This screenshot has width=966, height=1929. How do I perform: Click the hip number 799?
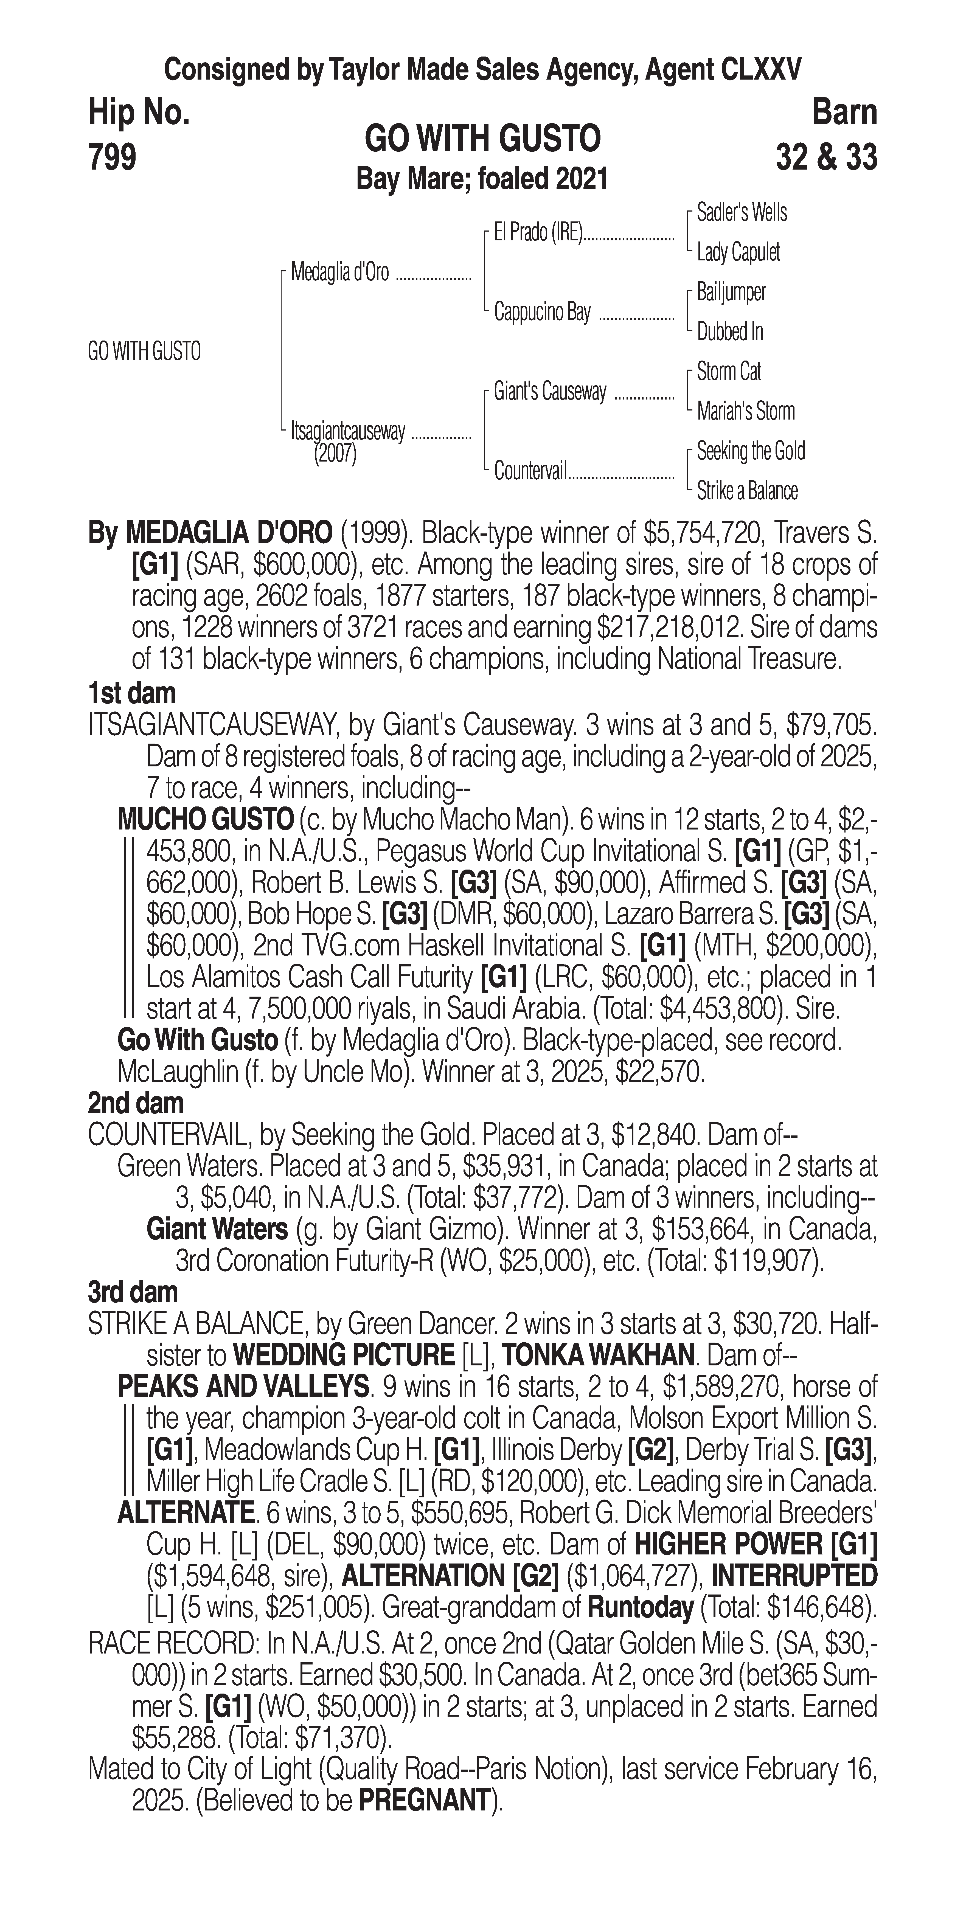pyautogui.click(x=112, y=157)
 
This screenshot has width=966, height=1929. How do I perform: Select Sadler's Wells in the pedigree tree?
pyautogui.click(x=741, y=213)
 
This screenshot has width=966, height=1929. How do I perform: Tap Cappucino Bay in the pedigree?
pyautogui.click(x=542, y=312)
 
